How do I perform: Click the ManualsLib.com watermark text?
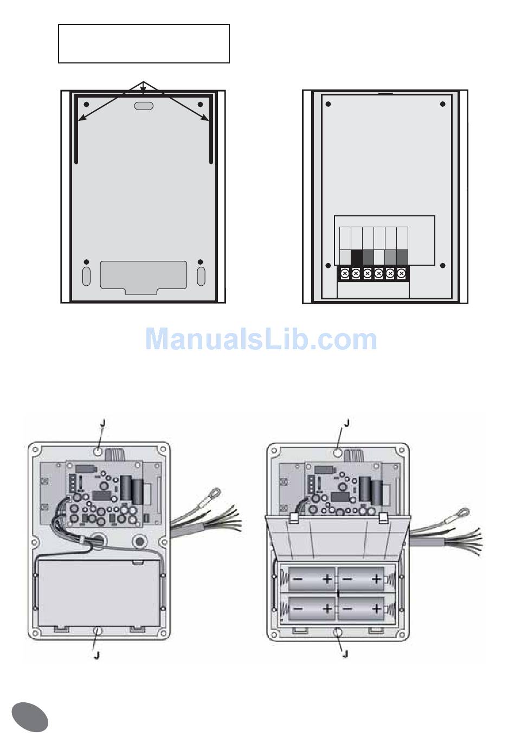(x=261, y=339)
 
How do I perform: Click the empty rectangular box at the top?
(x=144, y=43)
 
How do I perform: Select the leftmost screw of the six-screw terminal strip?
(x=345, y=273)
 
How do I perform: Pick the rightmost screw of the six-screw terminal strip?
(x=401, y=273)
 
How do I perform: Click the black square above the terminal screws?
(x=357, y=257)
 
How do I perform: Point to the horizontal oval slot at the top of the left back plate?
(x=144, y=106)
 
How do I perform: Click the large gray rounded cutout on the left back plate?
(x=143, y=277)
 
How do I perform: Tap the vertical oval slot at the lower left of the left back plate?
(x=86, y=276)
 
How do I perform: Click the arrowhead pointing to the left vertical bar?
(x=81, y=118)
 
